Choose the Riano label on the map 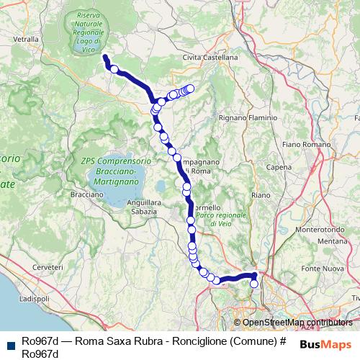(x=261, y=194)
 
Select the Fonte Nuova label (x=320, y=269)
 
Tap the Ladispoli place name (x=32, y=297)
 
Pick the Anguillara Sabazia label (x=142, y=207)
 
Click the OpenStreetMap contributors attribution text (x=297, y=323)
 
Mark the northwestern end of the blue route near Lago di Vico (x=104, y=57)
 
